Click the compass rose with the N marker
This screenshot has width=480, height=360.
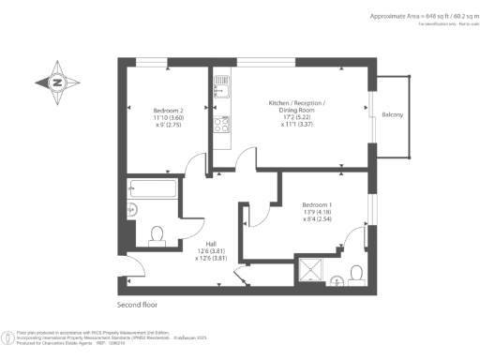tap(57, 82)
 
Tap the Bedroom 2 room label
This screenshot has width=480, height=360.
tap(168, 110)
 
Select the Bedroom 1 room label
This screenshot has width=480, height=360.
tap(317, 204)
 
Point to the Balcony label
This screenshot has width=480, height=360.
tap(393, 114)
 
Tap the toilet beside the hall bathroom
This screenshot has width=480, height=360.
tap(157, 232)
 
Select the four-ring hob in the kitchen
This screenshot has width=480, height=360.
tap(223, 124)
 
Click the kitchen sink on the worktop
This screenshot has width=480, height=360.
tap(223, 91)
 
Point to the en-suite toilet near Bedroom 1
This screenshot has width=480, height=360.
tap(355, 273)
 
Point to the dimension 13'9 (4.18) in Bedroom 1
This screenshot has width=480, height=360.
tap(317, 213)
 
